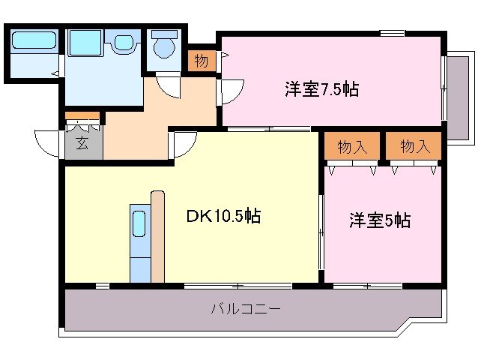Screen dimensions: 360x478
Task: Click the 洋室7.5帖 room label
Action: (x=321, y=89)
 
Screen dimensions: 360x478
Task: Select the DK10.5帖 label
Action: (x=223, y=217)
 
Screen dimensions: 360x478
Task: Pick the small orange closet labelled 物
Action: (x=201, y=61)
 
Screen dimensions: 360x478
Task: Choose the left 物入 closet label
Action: (x=352, y=146)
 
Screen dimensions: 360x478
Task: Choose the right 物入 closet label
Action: (x=415, y=146)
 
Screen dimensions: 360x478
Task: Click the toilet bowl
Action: (x=163, y=46)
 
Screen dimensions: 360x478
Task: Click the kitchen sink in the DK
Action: (x=139, y=224)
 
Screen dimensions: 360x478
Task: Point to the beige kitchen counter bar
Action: (x=157, y=236)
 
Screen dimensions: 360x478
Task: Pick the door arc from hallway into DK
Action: (x=184, y=142)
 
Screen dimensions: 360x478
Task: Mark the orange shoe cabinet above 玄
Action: (x=82, y=117)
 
